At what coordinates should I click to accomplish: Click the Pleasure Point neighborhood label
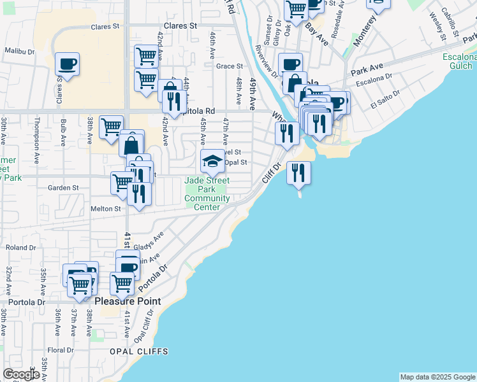(128, 301)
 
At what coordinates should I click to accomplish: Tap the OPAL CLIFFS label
(138, 351)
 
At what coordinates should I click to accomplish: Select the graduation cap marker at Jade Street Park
(213, 161)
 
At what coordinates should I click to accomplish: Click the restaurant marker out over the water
(298, 173)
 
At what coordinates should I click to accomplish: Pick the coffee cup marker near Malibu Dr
(67, 64)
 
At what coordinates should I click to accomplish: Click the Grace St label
(230, 66)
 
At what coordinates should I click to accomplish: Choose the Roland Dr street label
(20, 247)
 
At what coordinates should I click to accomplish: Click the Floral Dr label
(61, 350)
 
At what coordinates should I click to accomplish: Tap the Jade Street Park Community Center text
(207, 194)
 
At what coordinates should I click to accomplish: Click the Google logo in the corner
(22, 374)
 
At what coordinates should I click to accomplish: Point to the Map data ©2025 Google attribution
(436, 377)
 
